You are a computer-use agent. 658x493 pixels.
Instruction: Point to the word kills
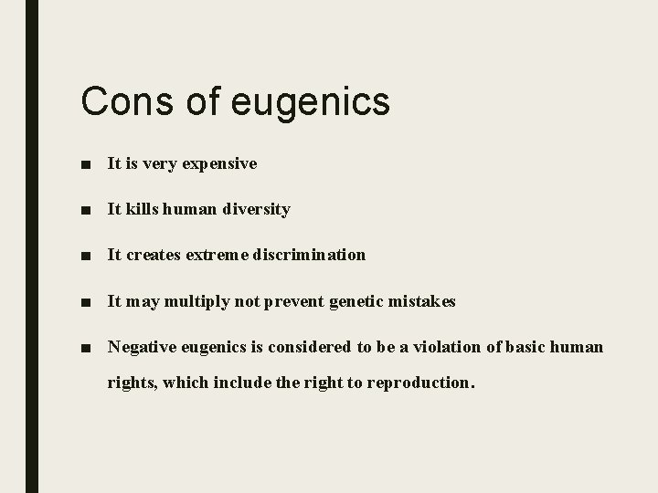[x=140, y=209]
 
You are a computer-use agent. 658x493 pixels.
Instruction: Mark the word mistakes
[x=422, y=300]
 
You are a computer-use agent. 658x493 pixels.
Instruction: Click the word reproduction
[x=420, y=383]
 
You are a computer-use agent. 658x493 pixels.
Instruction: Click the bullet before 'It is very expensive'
[x=85, y=165]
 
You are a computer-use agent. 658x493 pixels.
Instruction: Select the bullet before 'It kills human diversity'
[x=85, y=210]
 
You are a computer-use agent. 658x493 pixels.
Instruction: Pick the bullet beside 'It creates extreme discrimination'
[x=85, y=256]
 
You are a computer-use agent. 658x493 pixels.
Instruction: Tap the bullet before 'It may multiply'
[x=85, y=301]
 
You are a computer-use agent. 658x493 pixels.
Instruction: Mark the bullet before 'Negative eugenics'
[x=85, y=348]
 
